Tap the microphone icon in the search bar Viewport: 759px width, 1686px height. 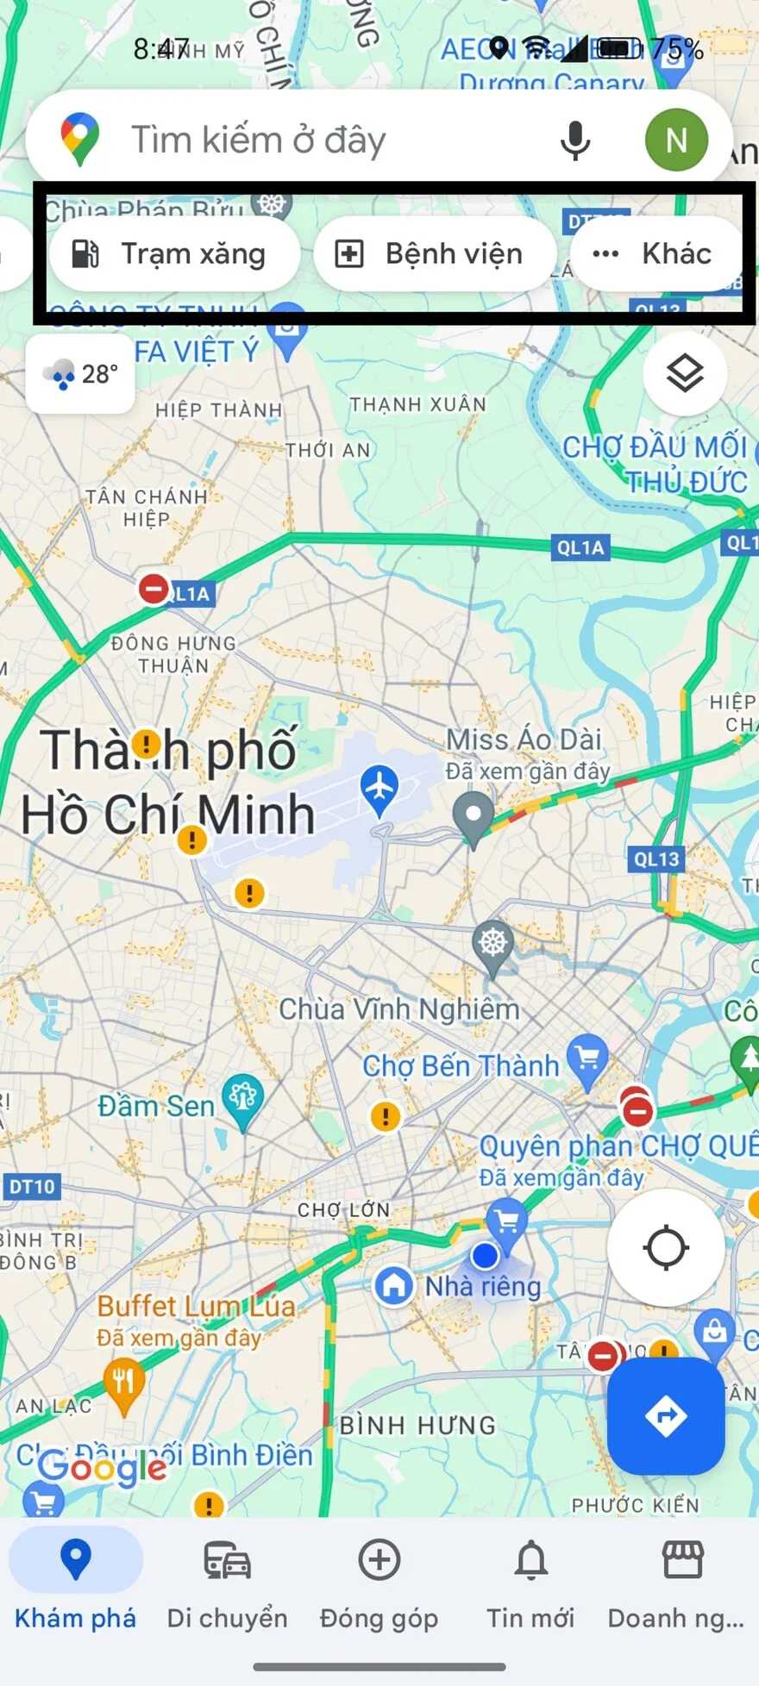point(575,140)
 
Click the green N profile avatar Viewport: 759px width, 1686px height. point(676,140)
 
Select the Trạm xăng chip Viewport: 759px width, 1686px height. point(174,254)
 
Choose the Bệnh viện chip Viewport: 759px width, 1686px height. point(436,254)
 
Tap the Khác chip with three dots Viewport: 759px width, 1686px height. point(655,254)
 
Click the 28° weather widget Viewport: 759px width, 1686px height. point(80,374)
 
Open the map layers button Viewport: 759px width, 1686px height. point(685,374)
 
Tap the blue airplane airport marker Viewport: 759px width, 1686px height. point(379,788)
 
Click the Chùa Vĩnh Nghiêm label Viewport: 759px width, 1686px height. point(399,1009)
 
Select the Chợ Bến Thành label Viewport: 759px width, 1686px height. point(461,1066)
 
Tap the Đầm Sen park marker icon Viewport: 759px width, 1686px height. point(242,1098)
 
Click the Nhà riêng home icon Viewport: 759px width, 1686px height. point(394,1285)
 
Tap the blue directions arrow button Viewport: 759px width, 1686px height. point(666,1416)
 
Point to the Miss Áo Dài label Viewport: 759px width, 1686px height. point(524,740)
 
